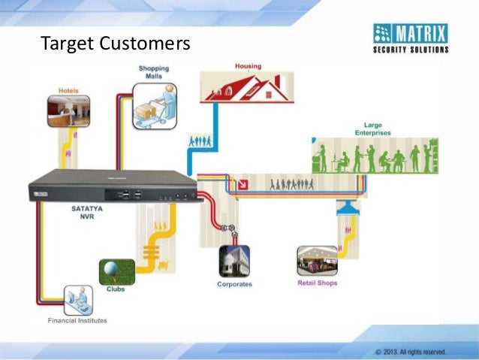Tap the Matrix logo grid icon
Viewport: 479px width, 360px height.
click(x=382, y=34)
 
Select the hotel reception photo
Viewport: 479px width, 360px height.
click(x=68, y=110)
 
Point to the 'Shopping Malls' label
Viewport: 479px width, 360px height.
click(x=152, y=73)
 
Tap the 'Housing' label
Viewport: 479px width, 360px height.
click(x=248, y=66)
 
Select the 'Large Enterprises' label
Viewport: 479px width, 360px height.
click(x=372, y=129)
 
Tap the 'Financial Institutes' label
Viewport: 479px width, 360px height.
click(x=77, y=320)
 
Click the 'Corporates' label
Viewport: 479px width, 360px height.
click(x=234, y=284)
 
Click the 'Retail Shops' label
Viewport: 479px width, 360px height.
click(x=318, y=283)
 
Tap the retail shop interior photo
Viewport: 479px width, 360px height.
click(x=318, y=261)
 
